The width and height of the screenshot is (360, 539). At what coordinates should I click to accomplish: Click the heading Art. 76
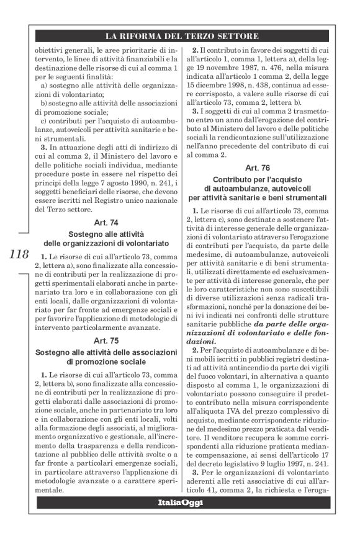pos(261,168)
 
